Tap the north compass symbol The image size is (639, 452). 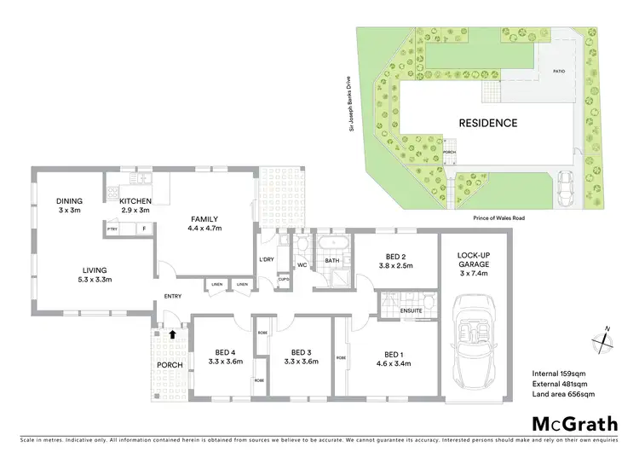pyautogui.click(x=603, y=338)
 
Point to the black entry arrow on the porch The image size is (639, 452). pyautogui.click(x=173, y=335)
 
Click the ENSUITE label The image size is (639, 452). pyautogui.click(x=413, y=311)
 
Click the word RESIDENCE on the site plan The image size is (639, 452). pyautogui.click(x=488, y=123)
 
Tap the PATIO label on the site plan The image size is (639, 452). pyautogui.click(x=559, y=72)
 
